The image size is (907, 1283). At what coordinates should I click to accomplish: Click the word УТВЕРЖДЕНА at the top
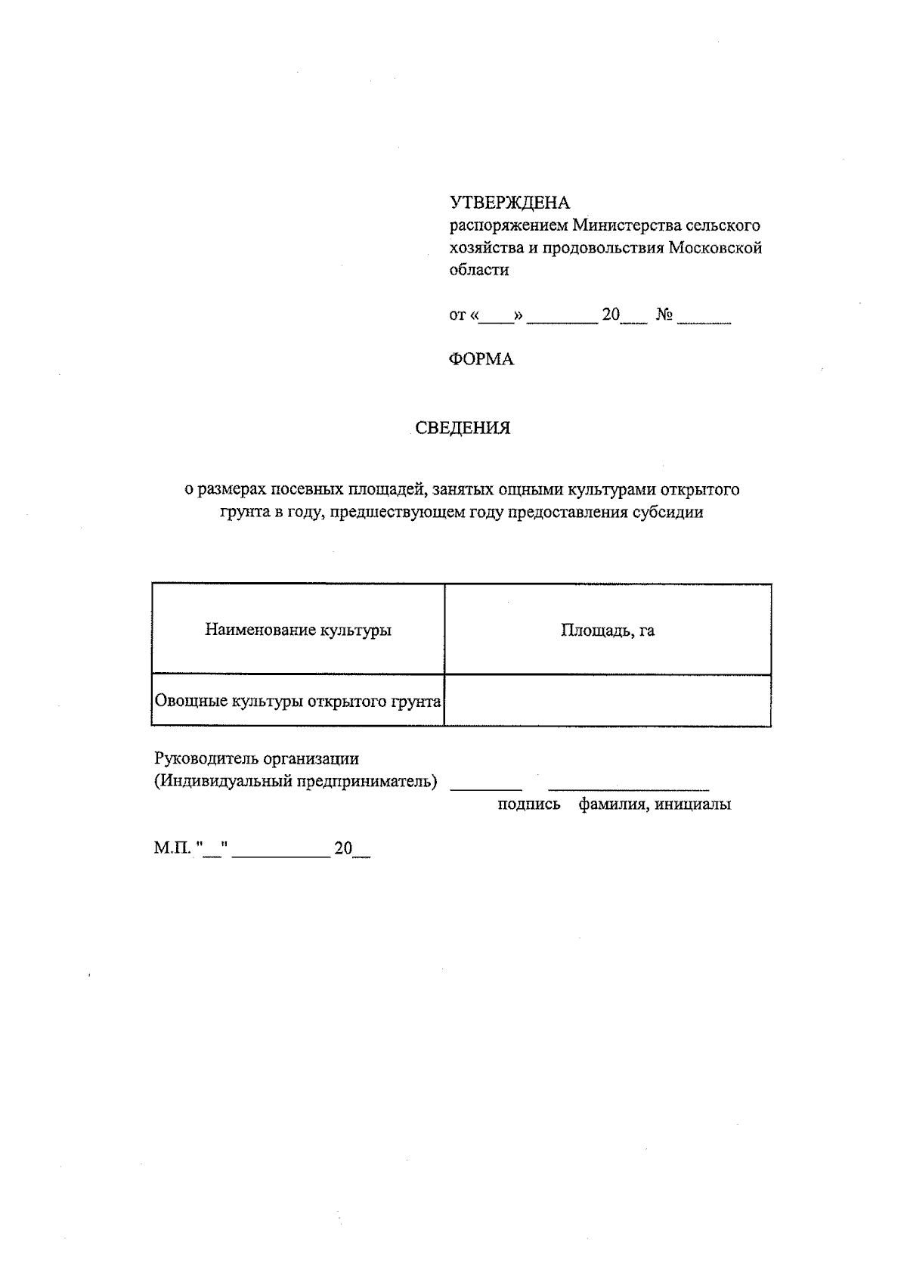[509, 203]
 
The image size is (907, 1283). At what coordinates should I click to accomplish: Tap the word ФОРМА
[481, 360]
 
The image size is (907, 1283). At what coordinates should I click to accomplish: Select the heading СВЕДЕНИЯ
[463, 429]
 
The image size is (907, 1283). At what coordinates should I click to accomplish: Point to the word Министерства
[627, 225]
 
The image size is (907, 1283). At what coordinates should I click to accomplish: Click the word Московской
[715, 248]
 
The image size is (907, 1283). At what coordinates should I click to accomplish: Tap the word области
[479, 270]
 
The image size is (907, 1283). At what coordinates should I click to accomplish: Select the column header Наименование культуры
[298, 630]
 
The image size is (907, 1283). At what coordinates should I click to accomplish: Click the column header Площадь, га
[608, 631]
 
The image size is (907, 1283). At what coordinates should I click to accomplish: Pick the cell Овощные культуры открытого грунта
[298, 702]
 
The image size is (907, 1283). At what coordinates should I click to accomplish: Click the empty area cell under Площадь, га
[608, 701]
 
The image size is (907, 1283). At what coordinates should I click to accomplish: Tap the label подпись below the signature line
[529, 804]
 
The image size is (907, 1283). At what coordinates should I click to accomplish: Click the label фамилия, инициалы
[655, 804]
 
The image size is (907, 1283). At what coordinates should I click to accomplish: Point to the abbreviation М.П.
[172, 848]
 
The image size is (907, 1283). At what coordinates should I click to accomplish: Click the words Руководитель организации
[256, 758]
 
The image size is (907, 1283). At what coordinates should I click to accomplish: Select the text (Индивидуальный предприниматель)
[296, 781]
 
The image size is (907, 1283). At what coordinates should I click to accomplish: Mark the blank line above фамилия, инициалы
[629, 789]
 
